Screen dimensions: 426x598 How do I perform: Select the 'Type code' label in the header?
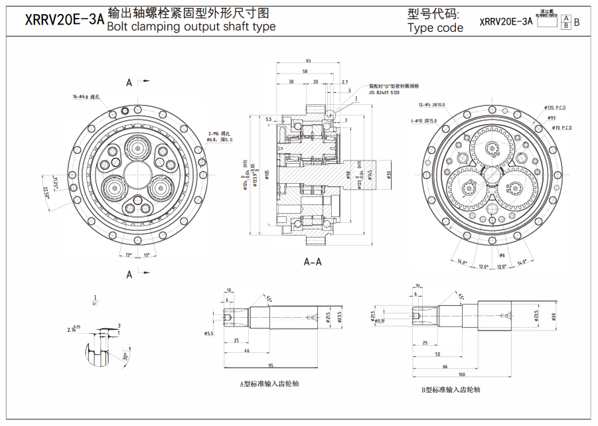point(435,28)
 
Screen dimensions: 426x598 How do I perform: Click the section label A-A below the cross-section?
point(313,261)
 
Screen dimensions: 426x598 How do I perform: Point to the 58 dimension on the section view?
point(305,71)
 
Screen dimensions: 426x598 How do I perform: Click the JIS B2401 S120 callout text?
point(384,93)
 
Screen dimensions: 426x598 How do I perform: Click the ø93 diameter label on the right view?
point(551,117)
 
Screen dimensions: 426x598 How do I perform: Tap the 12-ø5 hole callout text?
point(431,105)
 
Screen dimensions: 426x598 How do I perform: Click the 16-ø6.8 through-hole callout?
point(86,97)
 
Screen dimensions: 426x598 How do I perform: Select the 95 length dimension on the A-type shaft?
point(271,366)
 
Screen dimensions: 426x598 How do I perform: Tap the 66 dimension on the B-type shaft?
point(445,366)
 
